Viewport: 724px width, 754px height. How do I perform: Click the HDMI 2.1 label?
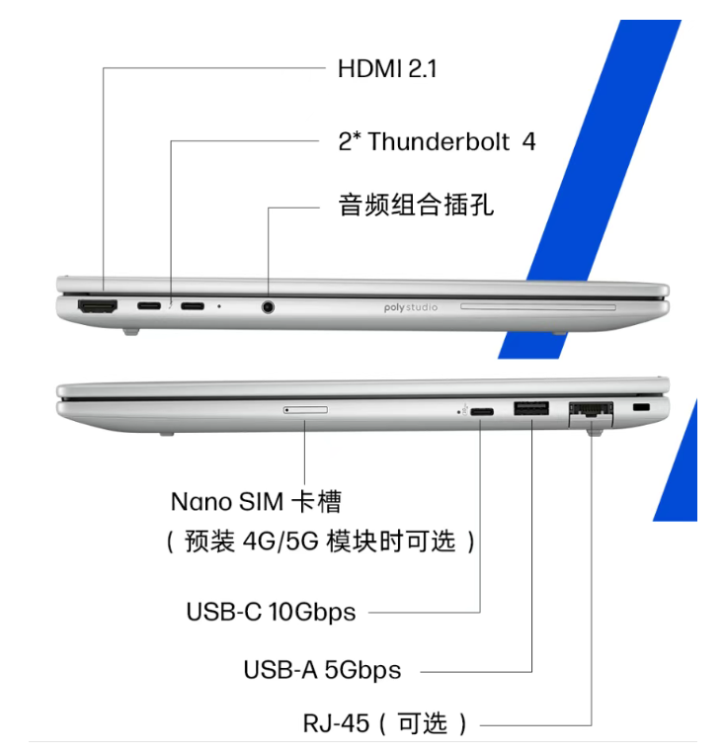387,68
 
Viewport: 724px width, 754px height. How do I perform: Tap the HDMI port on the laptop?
98,306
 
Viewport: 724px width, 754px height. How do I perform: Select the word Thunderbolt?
439,141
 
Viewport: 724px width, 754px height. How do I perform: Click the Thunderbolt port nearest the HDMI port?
149,305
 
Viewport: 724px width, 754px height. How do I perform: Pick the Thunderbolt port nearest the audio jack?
193,306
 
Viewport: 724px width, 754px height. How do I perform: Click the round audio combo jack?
268,306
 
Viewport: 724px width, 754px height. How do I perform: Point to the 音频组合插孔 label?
416,205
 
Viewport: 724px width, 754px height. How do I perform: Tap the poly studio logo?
411,307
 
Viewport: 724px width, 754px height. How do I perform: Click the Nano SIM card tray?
306,410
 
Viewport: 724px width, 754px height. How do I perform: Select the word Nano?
201,502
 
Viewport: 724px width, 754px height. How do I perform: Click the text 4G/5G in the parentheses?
281,541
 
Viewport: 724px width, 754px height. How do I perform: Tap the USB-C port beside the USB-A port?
482,412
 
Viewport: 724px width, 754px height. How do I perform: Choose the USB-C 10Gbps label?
272,612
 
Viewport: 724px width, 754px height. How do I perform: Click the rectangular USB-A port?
531,409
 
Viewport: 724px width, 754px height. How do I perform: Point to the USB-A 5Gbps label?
322,670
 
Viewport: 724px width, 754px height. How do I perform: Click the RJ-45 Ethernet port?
591,413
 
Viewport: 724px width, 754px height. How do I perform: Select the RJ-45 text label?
336,723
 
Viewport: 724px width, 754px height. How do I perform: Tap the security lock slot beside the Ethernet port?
641,408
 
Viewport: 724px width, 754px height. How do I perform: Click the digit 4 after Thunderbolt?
528,141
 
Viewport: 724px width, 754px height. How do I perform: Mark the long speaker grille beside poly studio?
538,306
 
